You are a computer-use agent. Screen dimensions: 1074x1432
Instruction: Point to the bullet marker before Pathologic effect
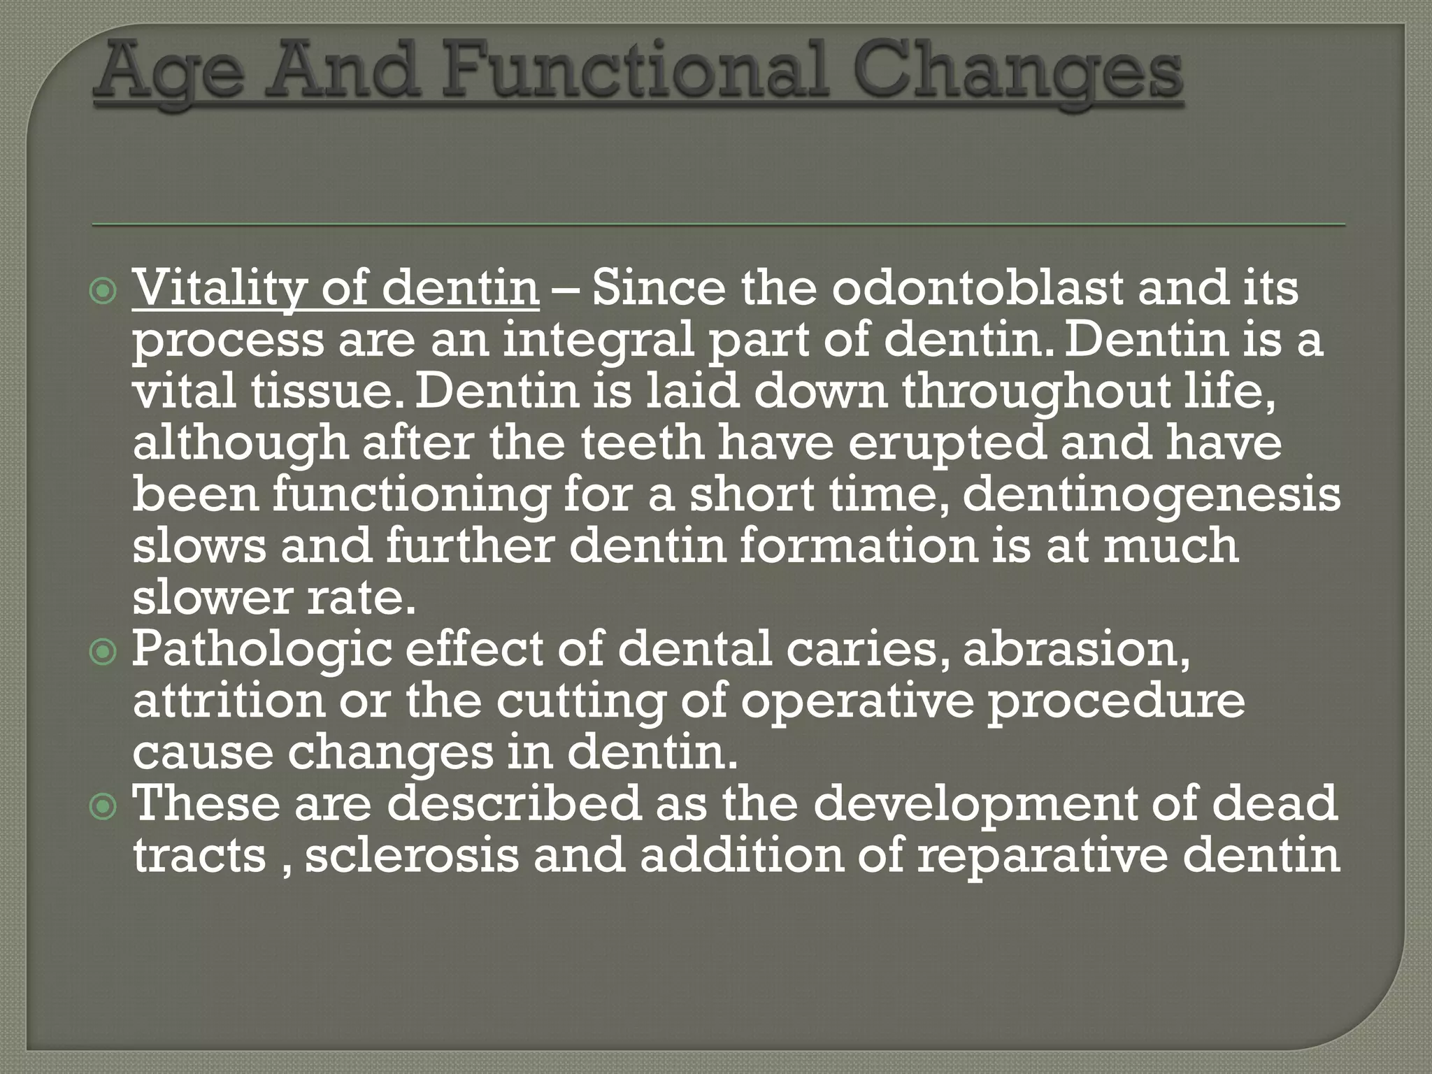pyautogui.click(x=105, y=652)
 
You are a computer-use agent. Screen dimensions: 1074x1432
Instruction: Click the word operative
pyautogui.click(x=857, y=701)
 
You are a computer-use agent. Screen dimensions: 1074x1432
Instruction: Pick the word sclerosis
pyautogui.click(x=413, y=856)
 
